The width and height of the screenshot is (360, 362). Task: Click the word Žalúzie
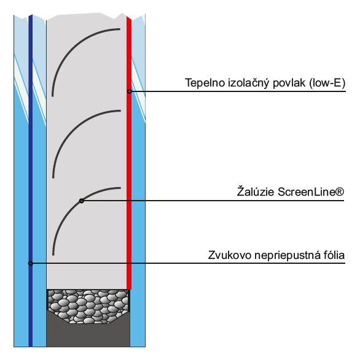256,191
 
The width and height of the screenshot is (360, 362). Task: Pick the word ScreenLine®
311,192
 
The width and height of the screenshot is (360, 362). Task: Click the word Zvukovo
230,255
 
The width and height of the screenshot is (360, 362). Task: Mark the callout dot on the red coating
130,91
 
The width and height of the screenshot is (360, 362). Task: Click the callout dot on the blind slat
81,201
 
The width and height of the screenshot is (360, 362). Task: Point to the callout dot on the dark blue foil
30,263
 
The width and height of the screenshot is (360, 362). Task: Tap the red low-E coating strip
129,152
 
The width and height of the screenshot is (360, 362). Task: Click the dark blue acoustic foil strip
30,180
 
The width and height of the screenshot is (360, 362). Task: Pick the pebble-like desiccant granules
88,305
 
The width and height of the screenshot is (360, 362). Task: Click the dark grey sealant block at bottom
88,335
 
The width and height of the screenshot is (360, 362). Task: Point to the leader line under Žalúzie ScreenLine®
213,201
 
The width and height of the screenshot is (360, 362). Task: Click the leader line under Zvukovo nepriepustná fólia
188,263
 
